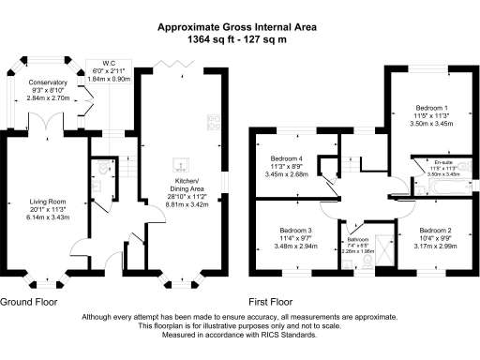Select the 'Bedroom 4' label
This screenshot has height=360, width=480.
click(286, 157)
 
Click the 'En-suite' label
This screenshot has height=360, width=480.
click(433, 162)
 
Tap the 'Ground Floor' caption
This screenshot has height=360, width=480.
click(28, 303)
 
